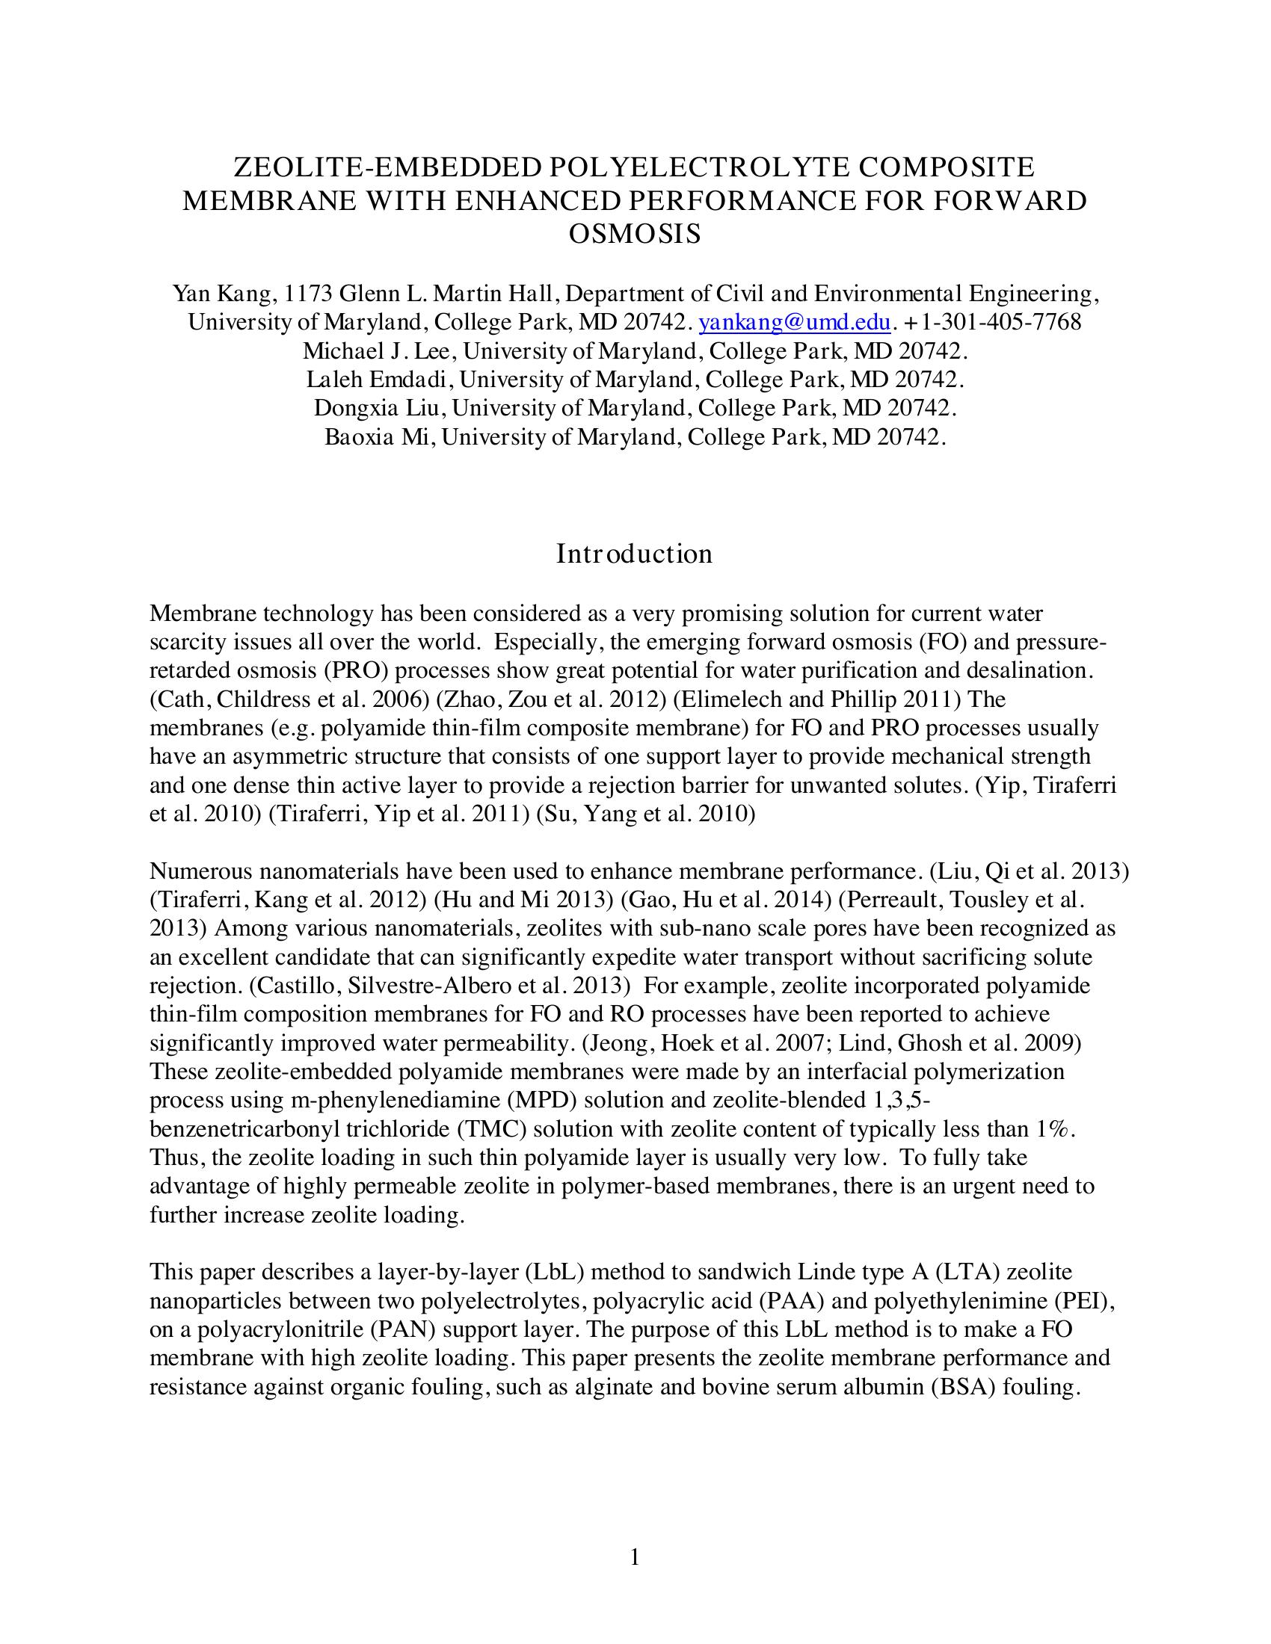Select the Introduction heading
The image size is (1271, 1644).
coord(635,554)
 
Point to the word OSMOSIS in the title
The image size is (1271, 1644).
coord(635,234)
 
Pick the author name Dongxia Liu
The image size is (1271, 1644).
coord(381,408)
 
